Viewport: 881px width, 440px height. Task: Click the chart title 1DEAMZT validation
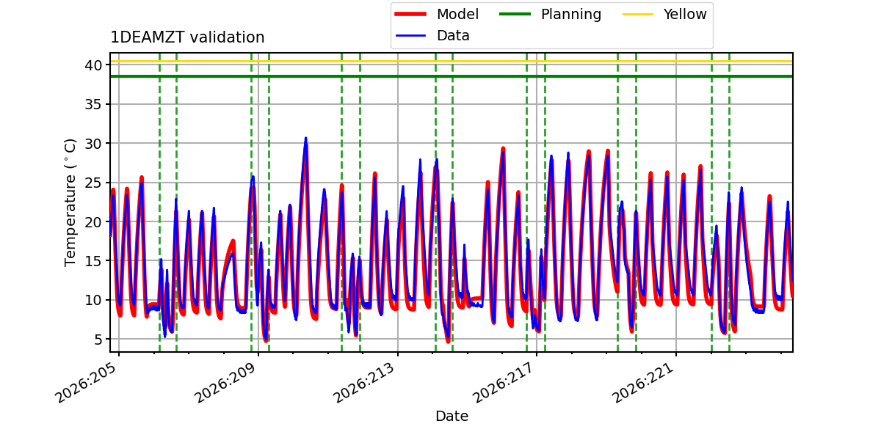tap(187, 37)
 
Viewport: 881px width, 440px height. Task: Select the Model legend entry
tap(437, 14)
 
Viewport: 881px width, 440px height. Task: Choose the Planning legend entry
tap(550, 14)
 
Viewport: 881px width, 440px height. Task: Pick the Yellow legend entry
tap(664, 14)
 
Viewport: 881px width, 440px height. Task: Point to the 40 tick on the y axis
tap(93, 65)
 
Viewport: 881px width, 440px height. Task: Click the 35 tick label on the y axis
tap(93, 104)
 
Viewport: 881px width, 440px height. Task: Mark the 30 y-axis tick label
tap(93, 144)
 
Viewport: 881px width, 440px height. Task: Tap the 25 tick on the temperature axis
tap(93, 183)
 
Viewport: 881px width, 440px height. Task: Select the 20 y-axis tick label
tap(93, 222)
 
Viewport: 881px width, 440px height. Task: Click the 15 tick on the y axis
tap(93, 261)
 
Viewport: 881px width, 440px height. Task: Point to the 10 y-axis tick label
tap(93, 300)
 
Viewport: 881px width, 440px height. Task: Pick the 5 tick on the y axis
tap(98, 340)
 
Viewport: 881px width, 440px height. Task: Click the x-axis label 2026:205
tap(86, 383)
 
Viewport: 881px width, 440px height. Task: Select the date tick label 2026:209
tap(226, 383)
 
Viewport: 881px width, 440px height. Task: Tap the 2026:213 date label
tap(364, 383)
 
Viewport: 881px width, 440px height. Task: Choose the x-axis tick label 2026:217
tap(504, 383)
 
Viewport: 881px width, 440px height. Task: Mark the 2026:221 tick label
tap(643, 383)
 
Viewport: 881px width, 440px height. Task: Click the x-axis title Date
tap(452, 416)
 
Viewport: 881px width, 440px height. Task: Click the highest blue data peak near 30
tap(305, 139)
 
